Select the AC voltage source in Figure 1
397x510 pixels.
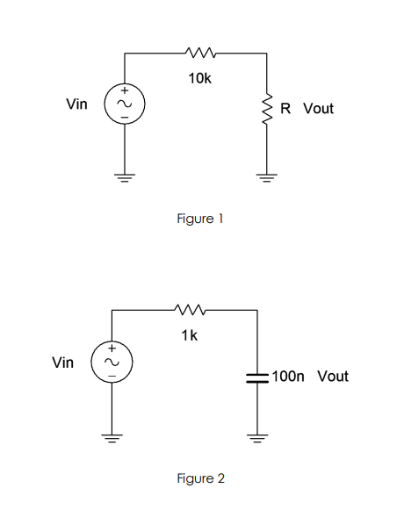click(x=124, y=104)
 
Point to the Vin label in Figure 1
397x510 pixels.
click(x=77, y=104)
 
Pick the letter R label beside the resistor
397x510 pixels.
click(x=286, y=109)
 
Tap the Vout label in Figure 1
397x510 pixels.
click(x=318, y=109)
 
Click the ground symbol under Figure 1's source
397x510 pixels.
click(x=124, y=176)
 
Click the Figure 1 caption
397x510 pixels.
click(x=200, y=219)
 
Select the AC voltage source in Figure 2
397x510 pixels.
click(x=112, y=362)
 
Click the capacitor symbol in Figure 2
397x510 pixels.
click(x=257, y=377)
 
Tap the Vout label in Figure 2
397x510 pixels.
click(x=332, y=377)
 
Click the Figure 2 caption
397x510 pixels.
click(x=200, y=478)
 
